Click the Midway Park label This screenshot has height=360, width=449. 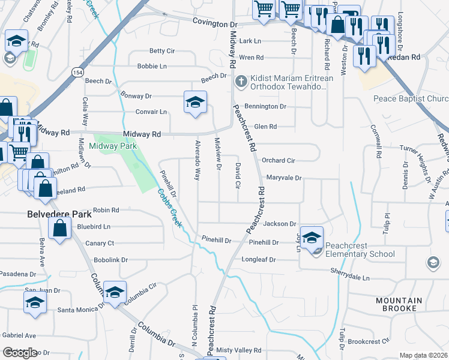113,146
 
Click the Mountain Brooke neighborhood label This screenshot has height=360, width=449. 400,304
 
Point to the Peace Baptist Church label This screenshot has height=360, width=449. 411,98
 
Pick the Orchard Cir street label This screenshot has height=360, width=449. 278,161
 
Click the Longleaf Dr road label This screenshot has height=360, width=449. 258,260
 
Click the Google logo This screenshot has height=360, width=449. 20,353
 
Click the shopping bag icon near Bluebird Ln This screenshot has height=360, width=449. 59,229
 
